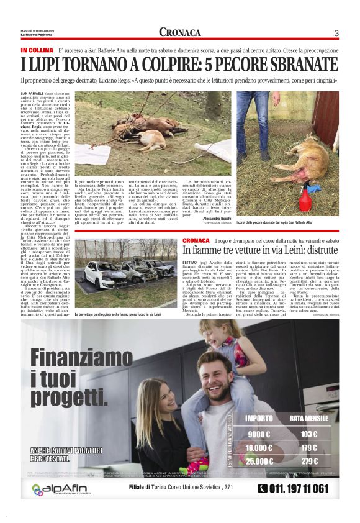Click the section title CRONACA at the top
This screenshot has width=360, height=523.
coord(180,32)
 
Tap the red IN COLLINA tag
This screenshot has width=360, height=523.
coord(36,50)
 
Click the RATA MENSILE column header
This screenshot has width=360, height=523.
coord(308,419)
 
